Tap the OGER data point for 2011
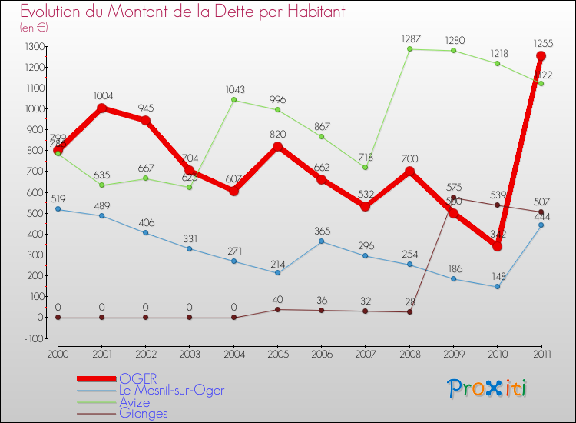coord(541,56)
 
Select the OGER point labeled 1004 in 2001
coord(102,108)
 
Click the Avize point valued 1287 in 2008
coord(409,49)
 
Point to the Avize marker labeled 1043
coord(234,100)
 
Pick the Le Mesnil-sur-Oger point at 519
coord(58,209)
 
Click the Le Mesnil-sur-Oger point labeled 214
coord(278,272)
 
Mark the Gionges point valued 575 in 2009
coord(453,198)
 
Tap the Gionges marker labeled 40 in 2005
coord(278,309)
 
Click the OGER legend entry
coord(138,378)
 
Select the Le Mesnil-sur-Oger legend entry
coord(172,391)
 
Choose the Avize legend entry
coord(134,402)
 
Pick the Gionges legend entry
coord(143,414)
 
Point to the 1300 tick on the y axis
coord(35,47)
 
